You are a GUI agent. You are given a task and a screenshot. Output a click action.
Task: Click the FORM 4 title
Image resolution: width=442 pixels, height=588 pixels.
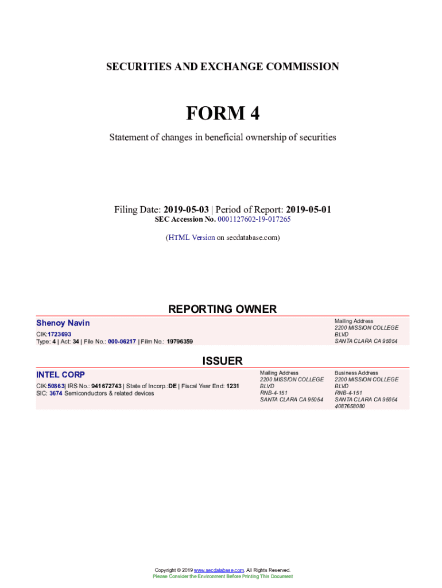point(222,114)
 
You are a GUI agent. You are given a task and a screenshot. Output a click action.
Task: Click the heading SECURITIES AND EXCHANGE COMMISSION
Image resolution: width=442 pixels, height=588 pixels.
point(222,67)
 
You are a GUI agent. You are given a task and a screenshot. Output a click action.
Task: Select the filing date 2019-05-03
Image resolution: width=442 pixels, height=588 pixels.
point(185,210)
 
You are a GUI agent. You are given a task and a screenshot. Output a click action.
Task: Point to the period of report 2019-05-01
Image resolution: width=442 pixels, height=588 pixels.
point(308,210)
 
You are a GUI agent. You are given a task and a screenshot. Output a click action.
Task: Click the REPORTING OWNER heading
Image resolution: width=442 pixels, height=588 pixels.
point(222,309)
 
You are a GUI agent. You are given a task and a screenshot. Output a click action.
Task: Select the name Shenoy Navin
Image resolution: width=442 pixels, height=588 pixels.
point(63,323)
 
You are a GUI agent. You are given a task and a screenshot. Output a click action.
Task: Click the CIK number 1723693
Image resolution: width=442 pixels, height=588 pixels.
point(60,334)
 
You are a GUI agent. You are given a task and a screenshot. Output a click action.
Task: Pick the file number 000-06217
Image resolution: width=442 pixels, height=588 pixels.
point(118,342)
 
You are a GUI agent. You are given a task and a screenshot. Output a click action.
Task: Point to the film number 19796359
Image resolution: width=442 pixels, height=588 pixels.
point(180,342)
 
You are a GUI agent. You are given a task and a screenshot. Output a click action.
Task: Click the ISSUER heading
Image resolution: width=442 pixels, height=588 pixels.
point(222,361)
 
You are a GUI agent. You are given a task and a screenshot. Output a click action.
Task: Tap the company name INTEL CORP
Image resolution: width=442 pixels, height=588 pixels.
point(60,374)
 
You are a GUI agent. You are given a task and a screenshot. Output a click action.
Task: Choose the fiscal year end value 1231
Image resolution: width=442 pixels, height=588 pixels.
point(232,386)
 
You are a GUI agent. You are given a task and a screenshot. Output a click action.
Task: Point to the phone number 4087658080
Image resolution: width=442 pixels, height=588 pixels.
point(350,406)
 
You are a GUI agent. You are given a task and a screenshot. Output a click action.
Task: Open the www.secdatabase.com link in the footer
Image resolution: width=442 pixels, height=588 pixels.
point(219,570)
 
